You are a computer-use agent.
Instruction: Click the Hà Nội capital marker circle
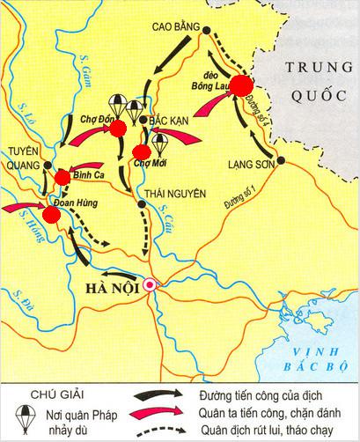pos(152,285)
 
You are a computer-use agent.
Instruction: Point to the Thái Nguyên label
pos(168,197)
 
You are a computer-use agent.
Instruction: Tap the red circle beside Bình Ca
pos(62,178)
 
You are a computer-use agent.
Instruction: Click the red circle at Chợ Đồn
pos(117,129)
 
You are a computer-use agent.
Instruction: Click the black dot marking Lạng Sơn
pos(280,161)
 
